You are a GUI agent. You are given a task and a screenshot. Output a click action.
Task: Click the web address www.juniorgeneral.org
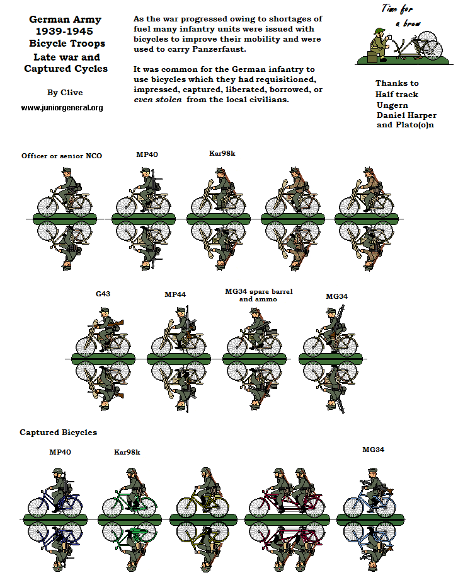[x=62, y=108]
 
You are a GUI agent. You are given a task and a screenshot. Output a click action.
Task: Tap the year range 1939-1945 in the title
[x=67, y=32]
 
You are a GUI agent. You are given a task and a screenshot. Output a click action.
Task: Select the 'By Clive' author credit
[x=65, y=93]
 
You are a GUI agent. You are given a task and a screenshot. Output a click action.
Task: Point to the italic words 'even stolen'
[x=157, y=100]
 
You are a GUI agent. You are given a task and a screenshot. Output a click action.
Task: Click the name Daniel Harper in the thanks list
[x=406, y=115]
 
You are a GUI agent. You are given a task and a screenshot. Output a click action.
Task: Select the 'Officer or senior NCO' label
[x=62, y=156]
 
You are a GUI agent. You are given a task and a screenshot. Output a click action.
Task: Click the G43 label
[x=103, y=294]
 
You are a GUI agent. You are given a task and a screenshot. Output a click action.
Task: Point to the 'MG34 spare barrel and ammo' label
[x=258, y=295]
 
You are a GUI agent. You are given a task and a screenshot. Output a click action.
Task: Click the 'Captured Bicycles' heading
[x=59, y=433]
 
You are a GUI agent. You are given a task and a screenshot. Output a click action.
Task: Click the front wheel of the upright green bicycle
[x=146, y=506]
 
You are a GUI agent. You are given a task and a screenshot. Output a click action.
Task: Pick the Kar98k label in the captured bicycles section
[x=127, y=452]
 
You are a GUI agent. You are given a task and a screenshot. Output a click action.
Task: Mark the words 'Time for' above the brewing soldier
[x=396, y=9]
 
